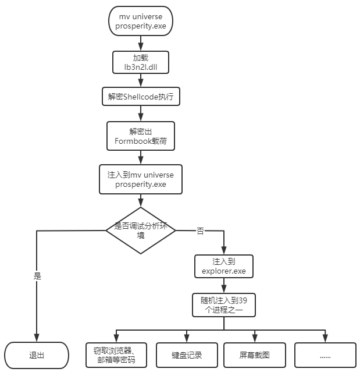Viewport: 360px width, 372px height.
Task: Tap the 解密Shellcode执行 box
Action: [140, 97]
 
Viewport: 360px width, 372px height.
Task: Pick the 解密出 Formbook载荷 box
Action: [140, 136]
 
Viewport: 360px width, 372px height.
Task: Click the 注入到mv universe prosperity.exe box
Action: [140, 179]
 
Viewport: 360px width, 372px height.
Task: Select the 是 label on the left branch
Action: [38, 276]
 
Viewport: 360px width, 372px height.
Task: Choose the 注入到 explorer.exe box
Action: [224, 265]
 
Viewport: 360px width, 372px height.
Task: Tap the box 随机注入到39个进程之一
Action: [224, 305]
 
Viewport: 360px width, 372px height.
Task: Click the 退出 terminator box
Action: [37, 355]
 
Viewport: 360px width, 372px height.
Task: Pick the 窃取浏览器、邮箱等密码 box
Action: [115, 355]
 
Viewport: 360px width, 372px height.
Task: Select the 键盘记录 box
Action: [187, 355]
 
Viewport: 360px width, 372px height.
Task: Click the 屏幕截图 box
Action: [255, 355]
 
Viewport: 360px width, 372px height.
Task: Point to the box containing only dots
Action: [325, 355]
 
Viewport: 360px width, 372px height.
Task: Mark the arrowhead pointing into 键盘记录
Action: [187, 339]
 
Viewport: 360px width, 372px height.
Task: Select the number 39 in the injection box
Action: [247, 300]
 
